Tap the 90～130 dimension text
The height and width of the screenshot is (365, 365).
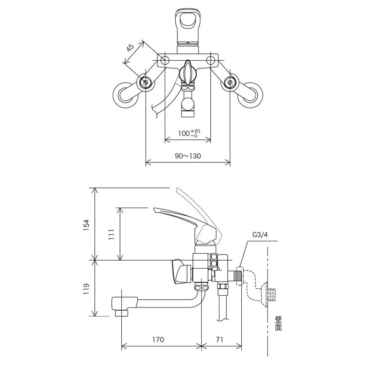[x=188, y=156]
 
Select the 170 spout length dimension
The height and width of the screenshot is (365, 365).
[x=158, y=340]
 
